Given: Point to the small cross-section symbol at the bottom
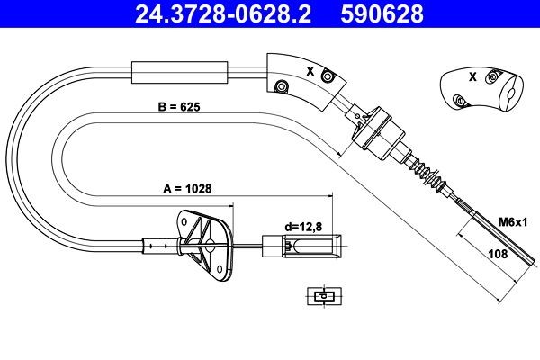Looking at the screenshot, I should click(320, 294).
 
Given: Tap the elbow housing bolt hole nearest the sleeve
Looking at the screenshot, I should click(280, 86).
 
